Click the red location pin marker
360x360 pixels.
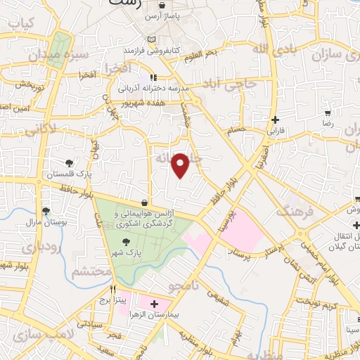[x=181, y=165]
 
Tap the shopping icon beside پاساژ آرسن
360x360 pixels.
[x=162, y=5]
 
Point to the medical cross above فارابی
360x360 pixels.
[x=274, y=120]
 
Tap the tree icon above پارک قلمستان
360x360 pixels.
[x=69, y=163]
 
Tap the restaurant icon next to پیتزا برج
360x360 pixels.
[x=113, y=289]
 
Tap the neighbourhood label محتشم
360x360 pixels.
[x=93, y=270]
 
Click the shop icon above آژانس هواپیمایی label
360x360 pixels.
[x=144, y=203]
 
